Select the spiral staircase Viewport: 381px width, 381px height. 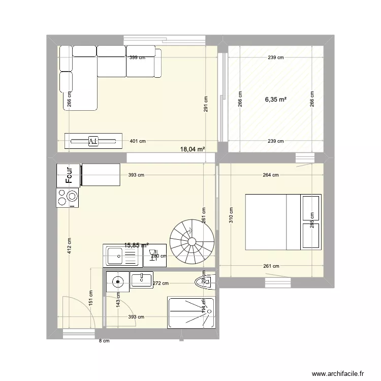(x=190, y=241)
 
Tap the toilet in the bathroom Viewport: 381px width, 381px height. (x=204, y=282)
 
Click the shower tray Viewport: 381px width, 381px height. (x=191, y=312)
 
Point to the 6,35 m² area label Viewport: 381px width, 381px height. (x=275, y=100)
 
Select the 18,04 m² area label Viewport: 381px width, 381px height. (x=193, y=149)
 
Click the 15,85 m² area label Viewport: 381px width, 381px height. (x=136, y=245)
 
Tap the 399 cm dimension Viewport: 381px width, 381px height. (x=136, y=57)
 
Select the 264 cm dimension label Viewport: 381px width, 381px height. (x=270, y=175)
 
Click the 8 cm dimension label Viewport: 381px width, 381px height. (x=104, y=341)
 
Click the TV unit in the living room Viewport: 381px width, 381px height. (x=93, y=141)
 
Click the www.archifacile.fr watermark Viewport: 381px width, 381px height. (x=338, y=373)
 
